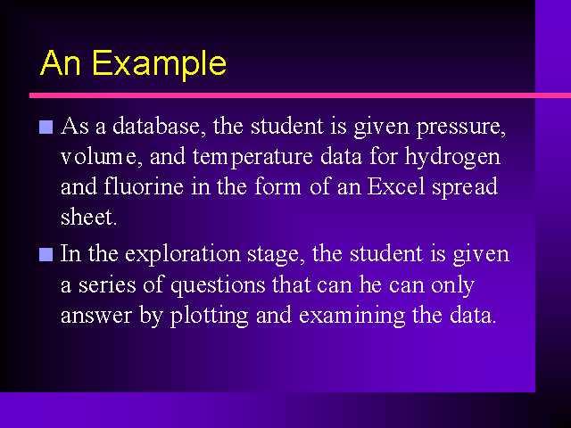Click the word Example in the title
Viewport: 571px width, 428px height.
tap(159, 63)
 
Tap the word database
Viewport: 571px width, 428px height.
tap(157, 126)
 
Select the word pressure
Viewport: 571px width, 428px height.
tap(461, 128)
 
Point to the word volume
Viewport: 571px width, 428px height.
tap(102, 157)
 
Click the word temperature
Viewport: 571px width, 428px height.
tap(252, 158)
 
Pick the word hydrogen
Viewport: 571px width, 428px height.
tap(453, 158)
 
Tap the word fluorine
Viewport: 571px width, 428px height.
tap(144, 186)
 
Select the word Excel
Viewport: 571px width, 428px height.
tap(396, 186)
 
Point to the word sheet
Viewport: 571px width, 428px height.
tap(88, 217)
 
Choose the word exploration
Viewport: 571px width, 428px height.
tap(182, 254)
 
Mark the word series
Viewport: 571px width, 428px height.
tap(107, 285)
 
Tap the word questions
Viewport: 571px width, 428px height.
tap(218, 285)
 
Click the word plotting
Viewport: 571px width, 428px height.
tap(210, 316)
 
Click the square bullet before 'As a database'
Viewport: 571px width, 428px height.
tap(46, 128)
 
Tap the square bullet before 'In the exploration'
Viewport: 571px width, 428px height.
tap(46, 254)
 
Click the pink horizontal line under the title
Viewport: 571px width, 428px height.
tap(300, 95)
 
